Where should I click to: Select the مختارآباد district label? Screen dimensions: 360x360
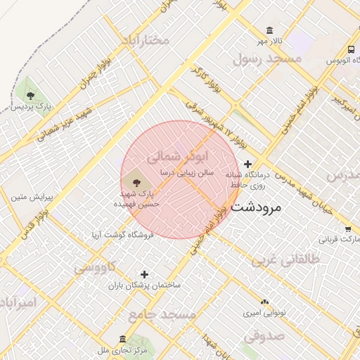click(145, 39)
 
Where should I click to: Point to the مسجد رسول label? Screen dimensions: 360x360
click(266, 59)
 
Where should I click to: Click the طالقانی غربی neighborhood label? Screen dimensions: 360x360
click(285, 261)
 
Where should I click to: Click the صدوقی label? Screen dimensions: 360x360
click(264, 335)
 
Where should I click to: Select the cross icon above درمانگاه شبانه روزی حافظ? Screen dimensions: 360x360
click(247, 164)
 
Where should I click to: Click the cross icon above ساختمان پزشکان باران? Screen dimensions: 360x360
click(145, 274)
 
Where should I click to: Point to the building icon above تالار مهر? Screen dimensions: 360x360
click(270, 30)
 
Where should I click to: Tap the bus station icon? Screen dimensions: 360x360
click(350, 49)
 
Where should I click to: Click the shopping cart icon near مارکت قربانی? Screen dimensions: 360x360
click(348, 229)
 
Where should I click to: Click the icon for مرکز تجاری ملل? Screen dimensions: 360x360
click(124, 339)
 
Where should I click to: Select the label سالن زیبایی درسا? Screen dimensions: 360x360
click(186, 172)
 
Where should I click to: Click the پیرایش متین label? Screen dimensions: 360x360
click(28, 196)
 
